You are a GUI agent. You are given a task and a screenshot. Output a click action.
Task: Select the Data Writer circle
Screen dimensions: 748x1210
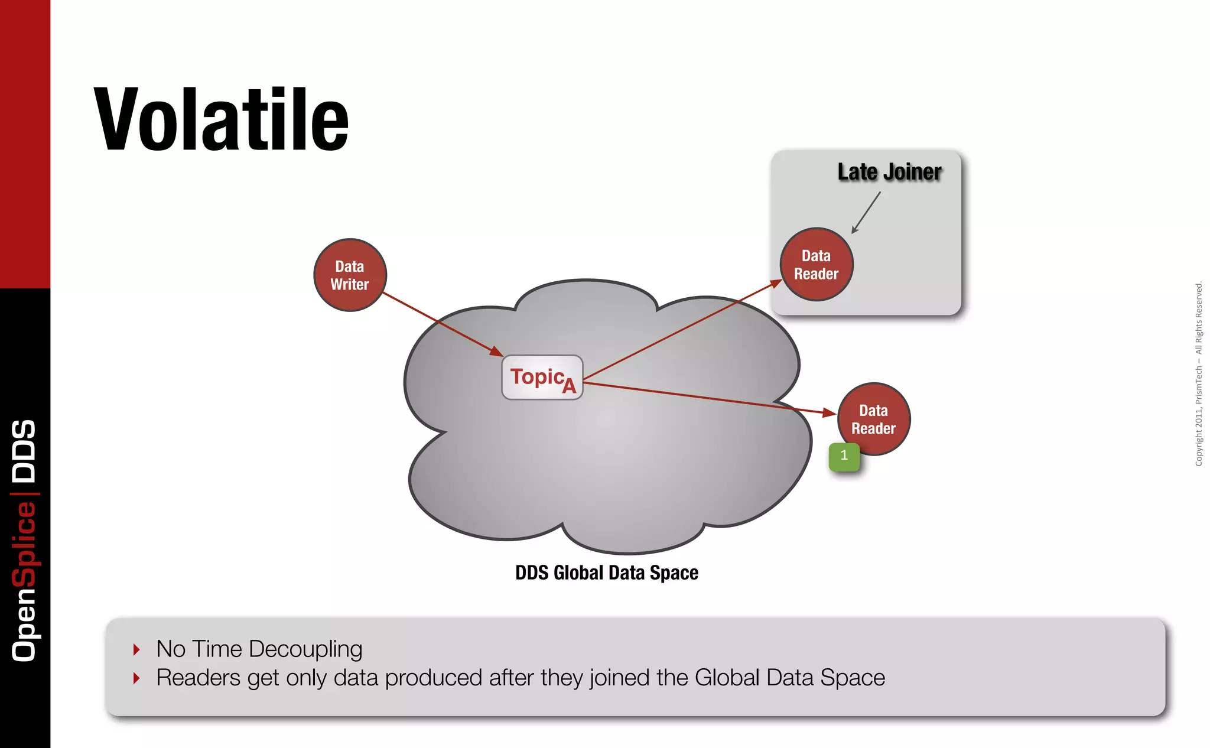[350, 275]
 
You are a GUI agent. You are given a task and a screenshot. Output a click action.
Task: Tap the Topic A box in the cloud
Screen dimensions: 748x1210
[542, 378]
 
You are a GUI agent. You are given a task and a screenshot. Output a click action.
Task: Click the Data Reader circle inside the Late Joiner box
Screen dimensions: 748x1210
[817, 265]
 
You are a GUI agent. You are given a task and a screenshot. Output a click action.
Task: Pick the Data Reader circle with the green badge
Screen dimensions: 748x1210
[874, 419]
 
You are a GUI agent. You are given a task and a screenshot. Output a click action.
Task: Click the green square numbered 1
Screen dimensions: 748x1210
[844, 456]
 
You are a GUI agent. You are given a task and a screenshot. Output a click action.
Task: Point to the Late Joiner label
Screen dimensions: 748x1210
[889, 172]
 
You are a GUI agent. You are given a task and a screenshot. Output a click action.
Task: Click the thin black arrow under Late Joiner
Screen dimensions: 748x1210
[866, 213]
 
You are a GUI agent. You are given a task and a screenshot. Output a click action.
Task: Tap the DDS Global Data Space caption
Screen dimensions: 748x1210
[607, 573]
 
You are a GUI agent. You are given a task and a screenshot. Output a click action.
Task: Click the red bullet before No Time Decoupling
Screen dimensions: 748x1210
[136, 650]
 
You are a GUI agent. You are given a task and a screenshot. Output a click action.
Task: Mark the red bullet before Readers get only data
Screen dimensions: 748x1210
[136, 678]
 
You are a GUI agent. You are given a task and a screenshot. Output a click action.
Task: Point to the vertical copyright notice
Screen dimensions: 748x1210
[1199, 373]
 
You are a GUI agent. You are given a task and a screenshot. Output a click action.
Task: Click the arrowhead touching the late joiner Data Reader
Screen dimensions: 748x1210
[776, 284]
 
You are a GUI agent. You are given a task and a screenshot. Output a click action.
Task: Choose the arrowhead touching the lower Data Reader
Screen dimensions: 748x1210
[830, 413]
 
